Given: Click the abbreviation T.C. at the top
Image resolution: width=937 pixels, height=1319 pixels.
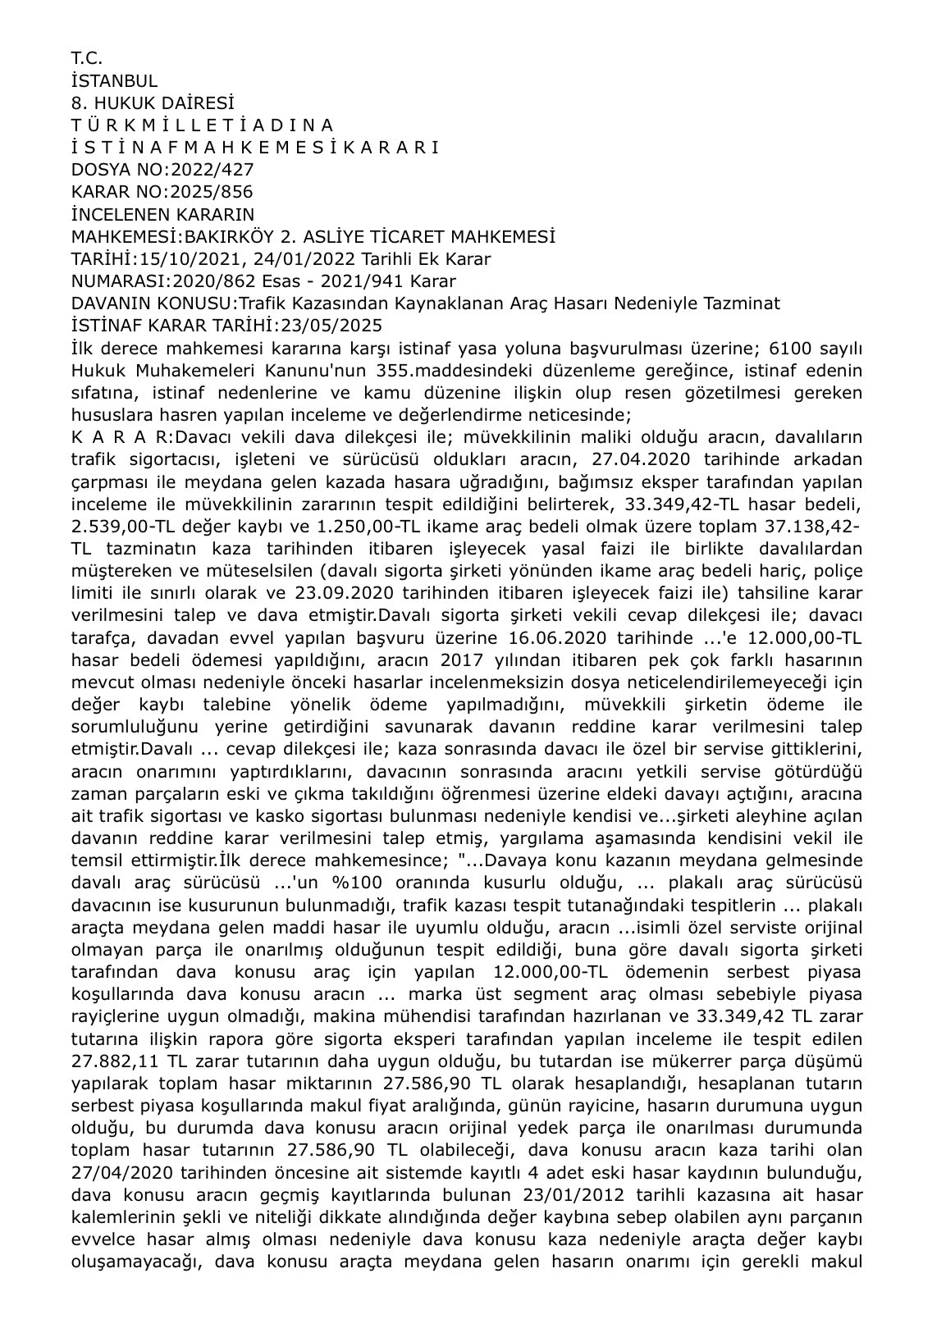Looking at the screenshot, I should tap(86, 58).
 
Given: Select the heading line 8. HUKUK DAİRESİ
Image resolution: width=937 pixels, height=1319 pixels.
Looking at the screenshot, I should tap(153, 103).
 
